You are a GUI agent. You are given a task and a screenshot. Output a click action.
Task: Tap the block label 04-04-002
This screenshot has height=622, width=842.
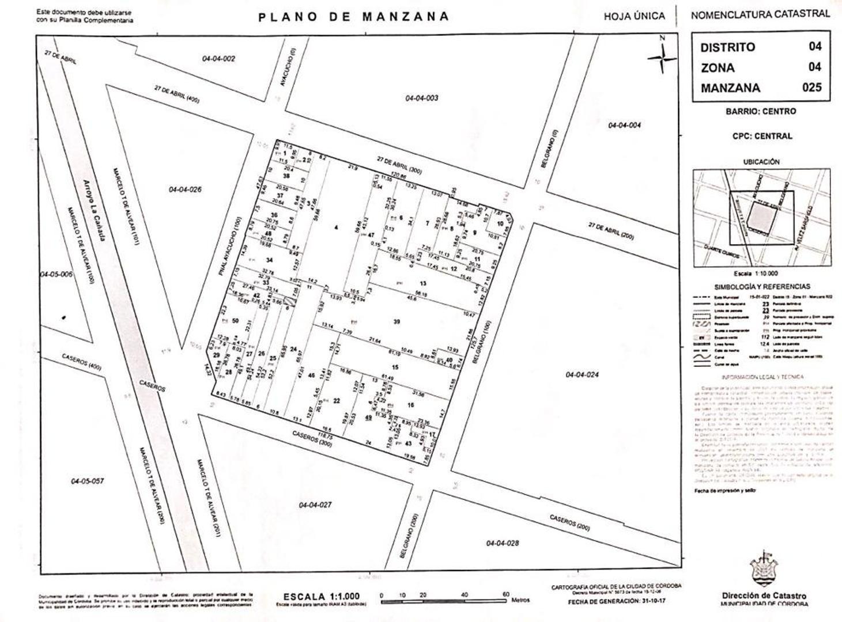(x=218, y=59)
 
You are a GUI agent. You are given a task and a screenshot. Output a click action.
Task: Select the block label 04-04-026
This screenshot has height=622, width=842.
(x=185, y=189)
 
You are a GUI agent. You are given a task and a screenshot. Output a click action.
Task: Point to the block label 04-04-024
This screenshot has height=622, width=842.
(x=582, y=375)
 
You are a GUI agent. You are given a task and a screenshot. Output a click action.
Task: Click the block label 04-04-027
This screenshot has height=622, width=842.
(x=315, y=505)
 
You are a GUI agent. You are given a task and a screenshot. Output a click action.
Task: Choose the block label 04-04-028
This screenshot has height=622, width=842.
(x=503, y=543)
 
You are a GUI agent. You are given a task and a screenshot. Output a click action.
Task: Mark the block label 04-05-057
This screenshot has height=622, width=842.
(x=88, y=481)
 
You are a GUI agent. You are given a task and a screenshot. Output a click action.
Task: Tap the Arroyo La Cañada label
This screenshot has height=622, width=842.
(x=92, y=210)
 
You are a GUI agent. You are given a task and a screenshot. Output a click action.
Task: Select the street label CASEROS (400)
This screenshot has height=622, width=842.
(x=82, y=362)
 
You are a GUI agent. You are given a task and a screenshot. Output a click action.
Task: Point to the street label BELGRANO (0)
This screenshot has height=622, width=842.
(x=546, y=149)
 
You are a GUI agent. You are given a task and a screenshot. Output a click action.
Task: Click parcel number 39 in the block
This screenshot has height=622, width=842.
(x=397, y=321)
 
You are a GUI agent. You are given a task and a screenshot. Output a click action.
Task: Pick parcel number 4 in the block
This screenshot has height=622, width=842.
(x=336, y=227)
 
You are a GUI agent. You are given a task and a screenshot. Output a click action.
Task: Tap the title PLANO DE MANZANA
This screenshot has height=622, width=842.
(x=353, y=16)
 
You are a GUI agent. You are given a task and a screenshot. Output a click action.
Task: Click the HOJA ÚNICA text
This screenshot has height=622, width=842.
(x=634, y=16)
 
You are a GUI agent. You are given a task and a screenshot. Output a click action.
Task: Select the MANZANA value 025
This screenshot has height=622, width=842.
(x=811, y=88)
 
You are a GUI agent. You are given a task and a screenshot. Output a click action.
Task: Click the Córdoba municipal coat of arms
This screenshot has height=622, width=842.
(x=764, y=570)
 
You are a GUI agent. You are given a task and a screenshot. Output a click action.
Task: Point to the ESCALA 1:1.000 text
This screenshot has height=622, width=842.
(x=321, y=597)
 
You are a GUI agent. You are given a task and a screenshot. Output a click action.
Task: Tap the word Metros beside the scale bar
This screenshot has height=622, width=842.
(x=520, y=600)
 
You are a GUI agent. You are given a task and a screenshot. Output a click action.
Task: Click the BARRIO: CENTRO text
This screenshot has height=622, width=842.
(x=761, y=111)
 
